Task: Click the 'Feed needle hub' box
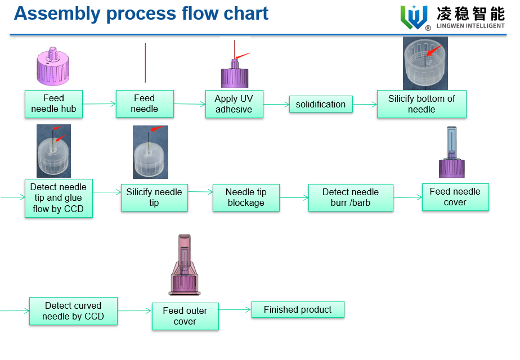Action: pyautogui.click(x=53, y=103)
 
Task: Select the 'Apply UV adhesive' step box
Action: pyautogui.click(x=234, y=103)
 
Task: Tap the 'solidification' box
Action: pyautogui.click(x=321, y=104)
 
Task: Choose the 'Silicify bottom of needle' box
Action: pyautogui.click(x=422, y=104)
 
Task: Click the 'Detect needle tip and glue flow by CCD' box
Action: pyautogui.click(x=59, y=198)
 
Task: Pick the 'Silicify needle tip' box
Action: pyautogui.click(x=154, y=197)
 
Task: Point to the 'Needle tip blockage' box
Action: pyautogui.click(x=246, y=197)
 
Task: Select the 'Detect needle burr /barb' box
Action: pyautogui.click(x=351, y=197)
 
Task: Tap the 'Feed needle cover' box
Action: pyautogui.click(x=455, y=197)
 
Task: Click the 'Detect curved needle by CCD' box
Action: pyautogui.click(x=73, y=311)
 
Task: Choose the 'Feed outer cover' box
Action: pyautogui.click(x=185, y=316)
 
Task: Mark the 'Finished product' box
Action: pyautogui.click(x=298, y=309)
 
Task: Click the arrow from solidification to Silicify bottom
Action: pyautogui.click(x=365, y=104)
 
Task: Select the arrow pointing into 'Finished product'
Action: pyautogui.click(x=235, y=309)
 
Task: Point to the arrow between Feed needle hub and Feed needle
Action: pyautogui.click(x=99, y=103)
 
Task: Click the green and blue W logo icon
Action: pyautogui.click(x=414, y=17)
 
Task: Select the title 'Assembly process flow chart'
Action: pyautogui.click(x=141, y=13)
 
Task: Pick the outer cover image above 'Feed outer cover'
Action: pyautogui.click(x=185, y=265)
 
